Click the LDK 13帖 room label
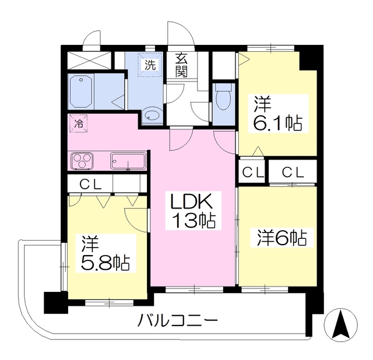(x=193, y=211)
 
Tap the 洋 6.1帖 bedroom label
(x=278, y=114)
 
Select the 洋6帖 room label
(x=282, y=238)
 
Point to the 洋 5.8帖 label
(x=105, y=253)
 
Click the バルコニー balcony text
(x=178, y=320)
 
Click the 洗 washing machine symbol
(x=150, y=65)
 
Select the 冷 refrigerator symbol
(x=78, y=123)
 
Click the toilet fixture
(x=223, y=97)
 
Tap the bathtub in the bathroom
(x=81, y=91)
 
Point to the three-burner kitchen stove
(x=82, y=161)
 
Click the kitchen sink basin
(x=128, y=161)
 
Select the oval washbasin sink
(x=152, y=114)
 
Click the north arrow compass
(x=340, y=325)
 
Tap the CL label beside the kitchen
(x=90, y=184)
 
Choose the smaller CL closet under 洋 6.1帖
(x=251, y=171)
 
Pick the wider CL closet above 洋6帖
(x=293, y=172)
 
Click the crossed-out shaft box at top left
(x=89, y=60)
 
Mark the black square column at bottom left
(x=55, y=302)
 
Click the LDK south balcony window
(x=194, y=289)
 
